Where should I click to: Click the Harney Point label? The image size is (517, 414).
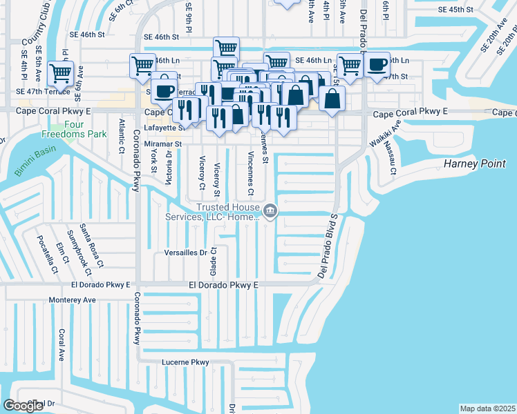476,164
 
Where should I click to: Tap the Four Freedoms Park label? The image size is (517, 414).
74,129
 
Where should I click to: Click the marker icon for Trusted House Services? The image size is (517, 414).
270,212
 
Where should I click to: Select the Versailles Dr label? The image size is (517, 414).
185,253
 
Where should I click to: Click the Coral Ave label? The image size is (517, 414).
62,345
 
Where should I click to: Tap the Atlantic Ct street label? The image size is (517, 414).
122,135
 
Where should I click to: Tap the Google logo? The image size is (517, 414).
23,405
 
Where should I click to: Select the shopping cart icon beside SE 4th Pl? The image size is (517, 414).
60,72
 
